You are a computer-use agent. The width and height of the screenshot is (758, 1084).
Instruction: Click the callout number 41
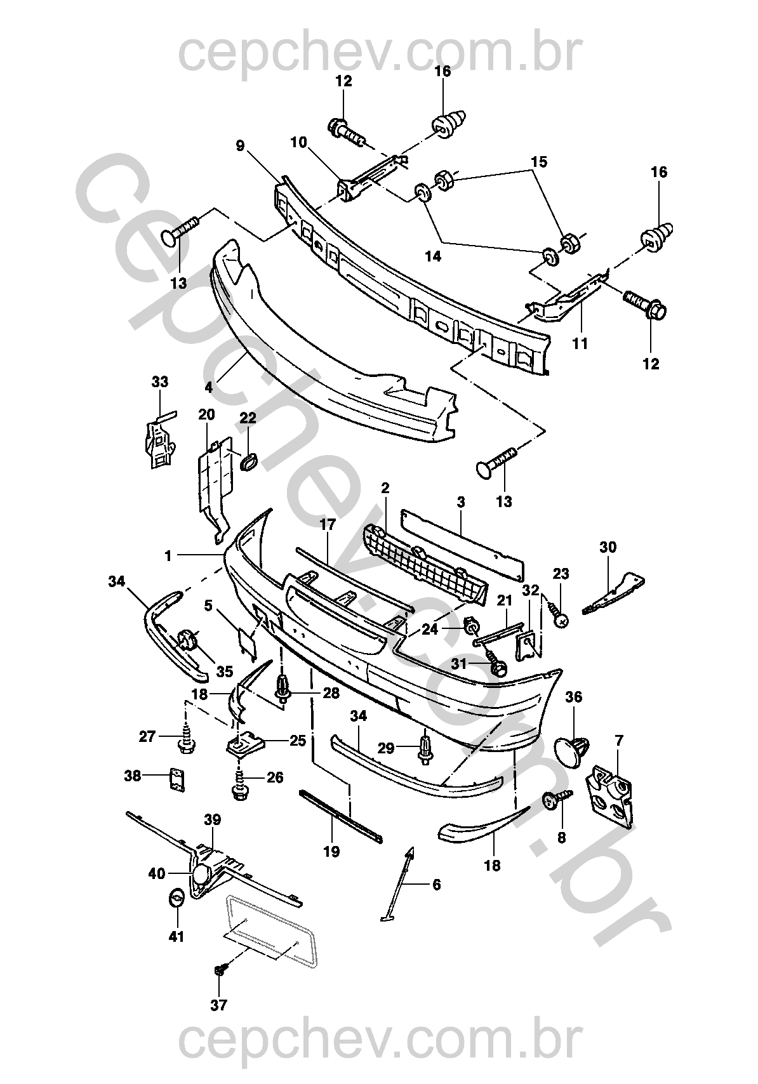coord(176,936)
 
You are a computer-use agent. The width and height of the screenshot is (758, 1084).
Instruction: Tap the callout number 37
coord(219,1005)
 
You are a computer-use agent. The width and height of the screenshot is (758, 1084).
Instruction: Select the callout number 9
coord(239,146)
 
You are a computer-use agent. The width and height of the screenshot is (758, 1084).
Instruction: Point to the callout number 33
coord(160,382)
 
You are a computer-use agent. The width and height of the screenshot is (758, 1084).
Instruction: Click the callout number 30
coord(608,547)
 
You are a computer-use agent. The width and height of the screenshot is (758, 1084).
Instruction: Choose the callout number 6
coord(436,884)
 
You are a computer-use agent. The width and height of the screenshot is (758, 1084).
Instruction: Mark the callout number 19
coord(331,851)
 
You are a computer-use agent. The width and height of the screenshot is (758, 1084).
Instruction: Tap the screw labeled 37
coord(222,968)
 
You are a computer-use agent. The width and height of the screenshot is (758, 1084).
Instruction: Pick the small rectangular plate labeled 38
coord(175,779)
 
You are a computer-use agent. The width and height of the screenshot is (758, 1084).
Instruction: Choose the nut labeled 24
coord(472,626)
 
